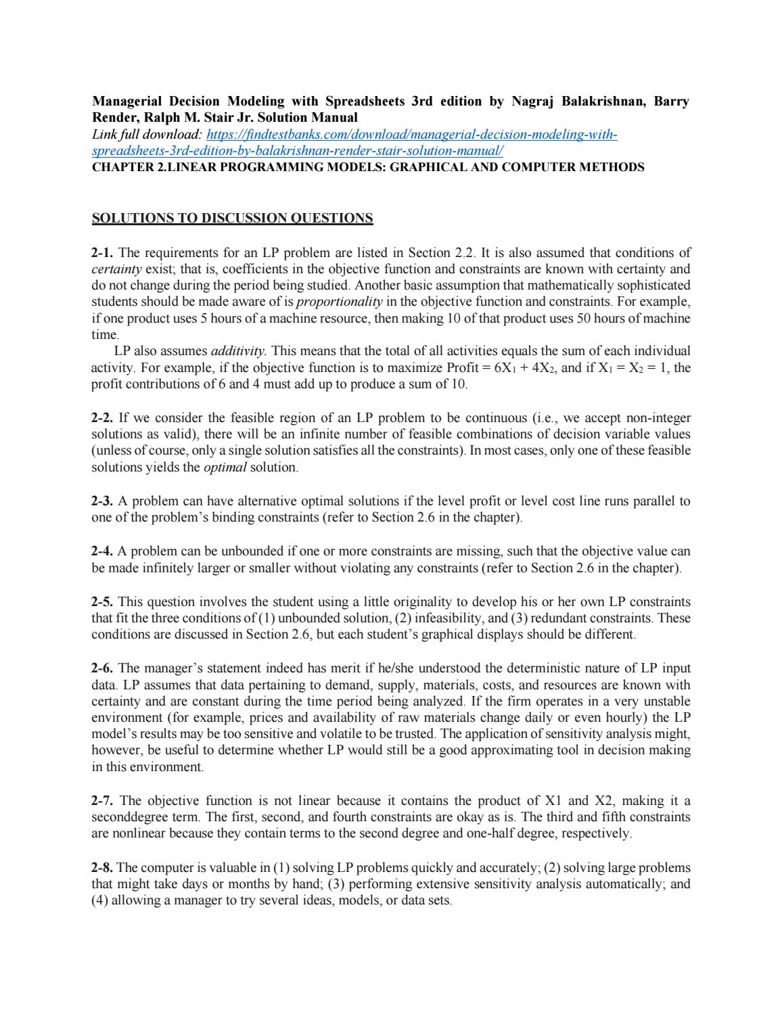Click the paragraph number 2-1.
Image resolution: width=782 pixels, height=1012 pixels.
(x=103, y=253)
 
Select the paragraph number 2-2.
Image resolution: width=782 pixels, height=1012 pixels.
(x=103, y=418)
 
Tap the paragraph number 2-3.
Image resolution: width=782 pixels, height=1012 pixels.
(x=103, y=501)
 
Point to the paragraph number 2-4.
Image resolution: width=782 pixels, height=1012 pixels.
(x=103, y=551)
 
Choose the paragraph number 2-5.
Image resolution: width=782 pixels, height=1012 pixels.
(x=103, y=601)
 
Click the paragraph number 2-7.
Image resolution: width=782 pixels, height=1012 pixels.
(x=103, y=801)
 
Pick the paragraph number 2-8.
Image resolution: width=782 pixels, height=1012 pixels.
(x=103, y=867)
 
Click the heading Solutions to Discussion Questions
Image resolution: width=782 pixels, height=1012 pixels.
(x=232, y=218)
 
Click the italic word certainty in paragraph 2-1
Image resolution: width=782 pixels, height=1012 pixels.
(x=113, y=269)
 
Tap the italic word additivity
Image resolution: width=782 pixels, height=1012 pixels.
(x=239, y=351)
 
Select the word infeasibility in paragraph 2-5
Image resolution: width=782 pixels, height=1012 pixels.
(x=446, y=618)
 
